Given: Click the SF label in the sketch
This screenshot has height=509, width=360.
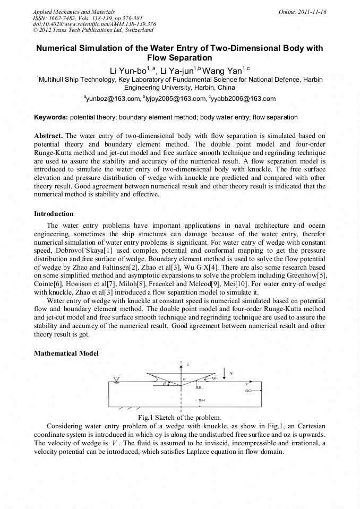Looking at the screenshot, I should pos(215,378).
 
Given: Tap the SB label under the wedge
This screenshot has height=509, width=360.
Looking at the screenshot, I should pos(199,388).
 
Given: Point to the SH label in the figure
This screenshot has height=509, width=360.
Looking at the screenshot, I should pos(201,400).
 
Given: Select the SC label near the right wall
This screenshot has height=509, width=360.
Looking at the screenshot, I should pos(248,391).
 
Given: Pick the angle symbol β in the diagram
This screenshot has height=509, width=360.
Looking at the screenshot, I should pos(165,383).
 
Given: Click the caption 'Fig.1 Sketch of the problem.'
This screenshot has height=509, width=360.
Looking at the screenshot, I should pos(179,417).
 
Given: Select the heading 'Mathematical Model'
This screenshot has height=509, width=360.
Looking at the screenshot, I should pos(66,353).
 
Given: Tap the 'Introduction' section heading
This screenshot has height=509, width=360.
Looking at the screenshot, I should pos(54,214).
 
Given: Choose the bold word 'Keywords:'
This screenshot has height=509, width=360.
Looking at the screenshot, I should pos(51,117).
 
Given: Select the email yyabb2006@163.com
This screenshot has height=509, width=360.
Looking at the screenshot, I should pos(243,99).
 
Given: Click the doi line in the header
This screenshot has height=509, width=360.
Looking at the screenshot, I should pos(94,24).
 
